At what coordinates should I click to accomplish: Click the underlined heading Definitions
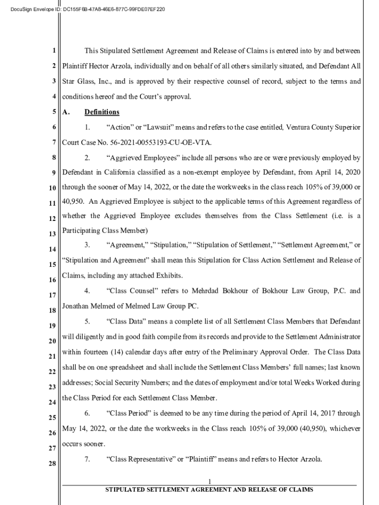tap(102, 112)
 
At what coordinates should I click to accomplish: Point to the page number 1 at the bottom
tap(210, 481)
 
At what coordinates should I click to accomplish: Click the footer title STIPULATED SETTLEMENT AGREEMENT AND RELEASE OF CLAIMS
tap(210, 490)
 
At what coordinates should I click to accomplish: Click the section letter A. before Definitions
tap(66, 112)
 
